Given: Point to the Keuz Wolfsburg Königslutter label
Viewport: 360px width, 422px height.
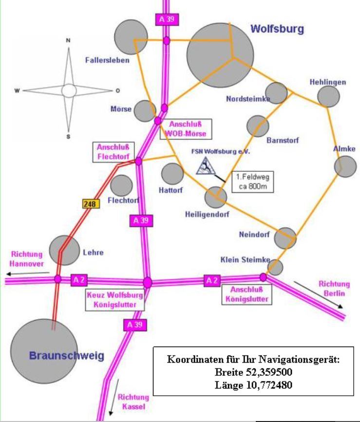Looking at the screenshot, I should tap(114, 300).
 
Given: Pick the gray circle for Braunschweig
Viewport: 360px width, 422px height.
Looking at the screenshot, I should tap(44, 351).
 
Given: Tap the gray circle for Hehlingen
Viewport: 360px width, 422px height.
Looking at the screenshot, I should tap(328, 96).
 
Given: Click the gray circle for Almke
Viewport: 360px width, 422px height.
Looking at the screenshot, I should tap(345, 166).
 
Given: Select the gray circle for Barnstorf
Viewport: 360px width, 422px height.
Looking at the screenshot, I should tap(258, 126).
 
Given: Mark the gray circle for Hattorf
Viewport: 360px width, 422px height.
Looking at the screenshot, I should tap(172, 174).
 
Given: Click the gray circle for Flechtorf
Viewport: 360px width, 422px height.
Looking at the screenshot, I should tap(121, 185).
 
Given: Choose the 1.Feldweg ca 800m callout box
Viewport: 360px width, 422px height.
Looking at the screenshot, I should tap(252, 182).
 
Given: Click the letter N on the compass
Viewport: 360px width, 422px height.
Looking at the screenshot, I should tap(68, 41).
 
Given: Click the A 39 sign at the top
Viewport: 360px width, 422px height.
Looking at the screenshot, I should tap(166, 20).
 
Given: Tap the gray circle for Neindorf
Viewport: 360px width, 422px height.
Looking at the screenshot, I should tap(285, 238).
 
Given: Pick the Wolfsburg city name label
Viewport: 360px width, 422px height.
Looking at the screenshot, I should tap(277, 29).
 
